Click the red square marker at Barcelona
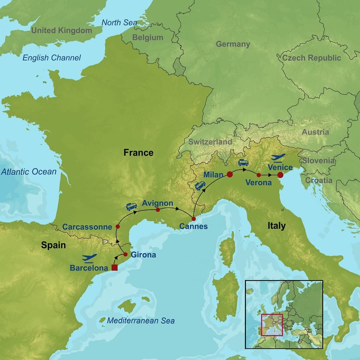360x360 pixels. (114, 268)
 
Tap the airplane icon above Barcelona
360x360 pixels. (90, 258)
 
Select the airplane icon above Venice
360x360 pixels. (278, 158)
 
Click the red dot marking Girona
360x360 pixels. (125, 254)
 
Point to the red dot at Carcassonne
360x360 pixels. (118, 227)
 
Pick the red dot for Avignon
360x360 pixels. (158, 210)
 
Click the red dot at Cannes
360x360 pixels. (194, 219)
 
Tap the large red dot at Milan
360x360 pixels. (230, 174)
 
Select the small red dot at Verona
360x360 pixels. (259, 175)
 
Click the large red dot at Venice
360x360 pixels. (280, 175)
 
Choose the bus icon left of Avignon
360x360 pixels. (132, 206)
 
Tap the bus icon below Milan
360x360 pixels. (200, 186)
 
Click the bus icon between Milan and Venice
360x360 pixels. (243, 163)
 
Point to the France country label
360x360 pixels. (138, 152)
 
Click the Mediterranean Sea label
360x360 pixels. (141, 320)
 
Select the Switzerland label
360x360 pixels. (210, 142)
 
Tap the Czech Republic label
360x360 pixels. (312, 58)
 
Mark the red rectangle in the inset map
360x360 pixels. (272, 325)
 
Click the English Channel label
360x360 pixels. (52, 58)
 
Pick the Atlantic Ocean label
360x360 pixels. (28, 172)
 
